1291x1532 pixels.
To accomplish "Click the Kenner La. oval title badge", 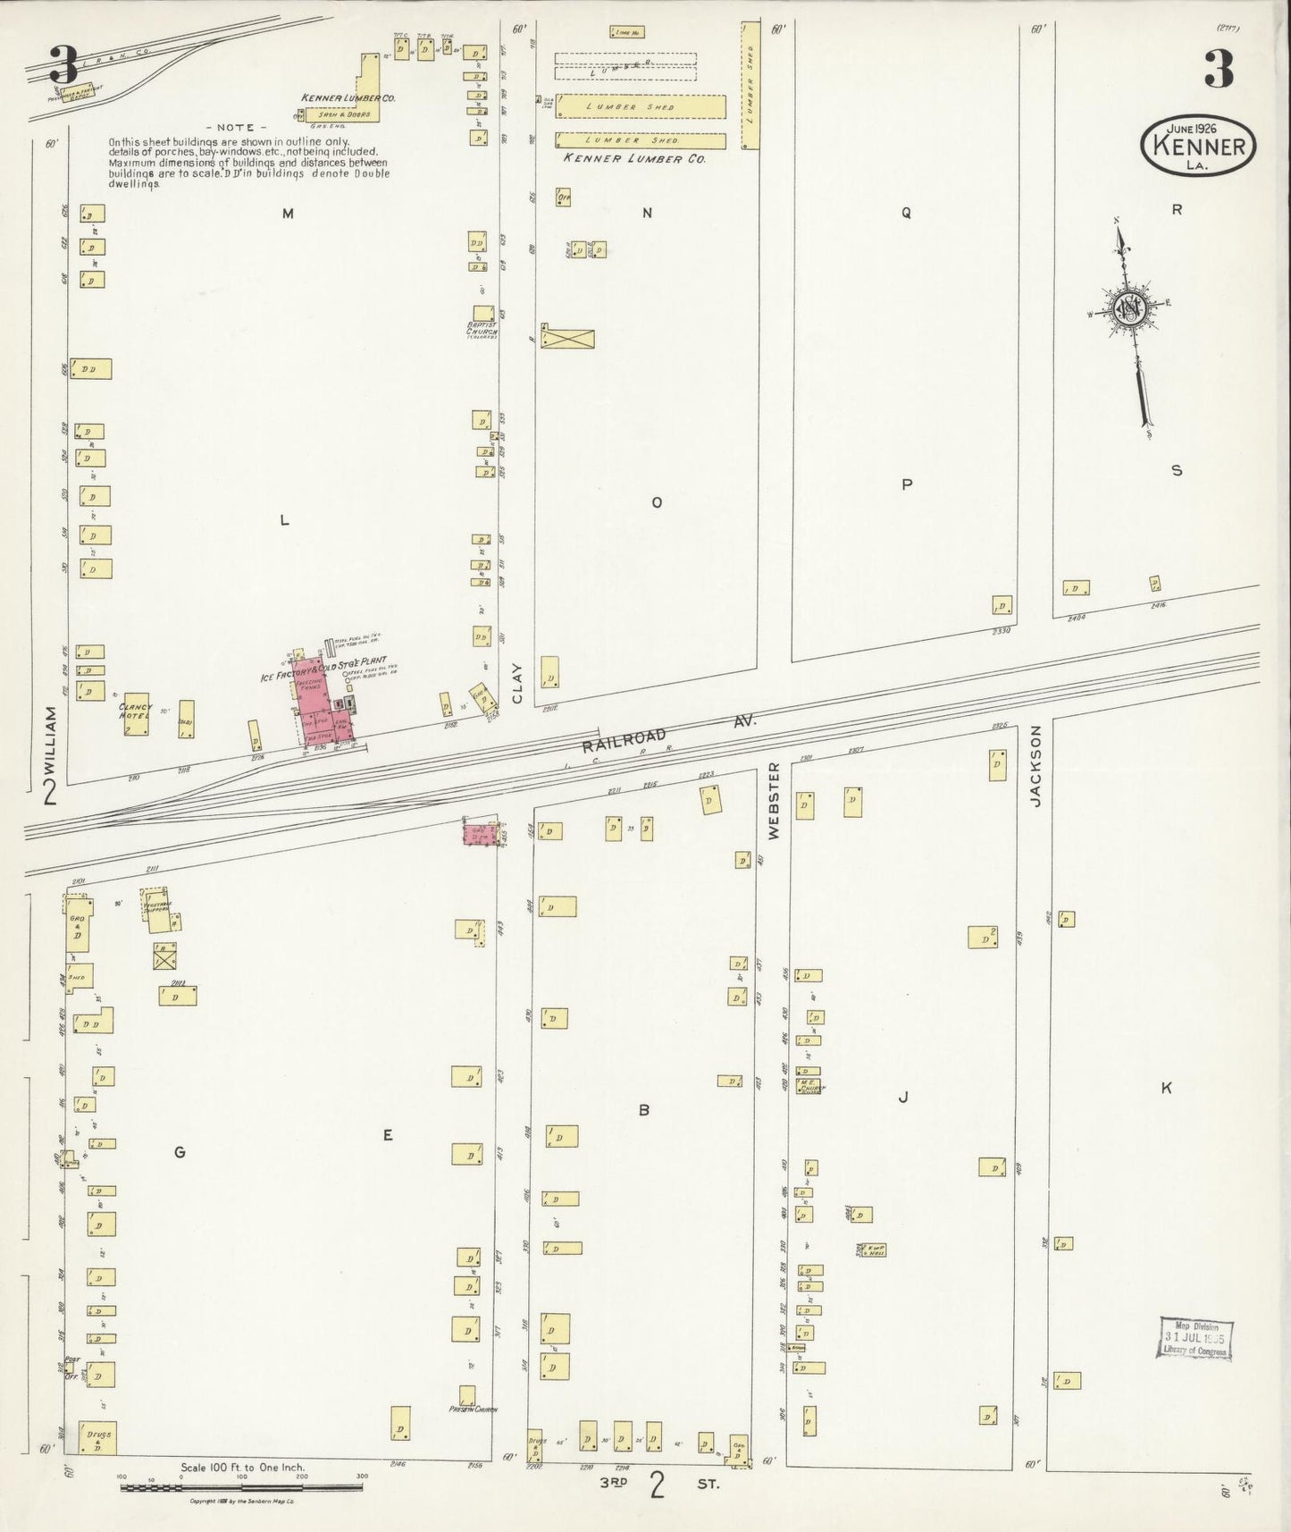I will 1198,143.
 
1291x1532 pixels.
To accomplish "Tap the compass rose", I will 1128,309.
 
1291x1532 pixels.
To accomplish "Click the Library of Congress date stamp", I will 1195,1338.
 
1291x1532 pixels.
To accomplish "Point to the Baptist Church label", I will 482,329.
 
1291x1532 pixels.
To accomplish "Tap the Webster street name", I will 774,800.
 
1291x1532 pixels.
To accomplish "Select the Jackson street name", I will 1036,766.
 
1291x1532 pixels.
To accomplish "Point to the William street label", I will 50,743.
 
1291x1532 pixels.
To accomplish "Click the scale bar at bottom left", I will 241,1487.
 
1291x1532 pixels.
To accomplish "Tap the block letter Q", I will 906,213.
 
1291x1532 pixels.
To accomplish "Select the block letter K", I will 1166,1088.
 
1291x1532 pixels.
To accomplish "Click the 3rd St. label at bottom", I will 658,1485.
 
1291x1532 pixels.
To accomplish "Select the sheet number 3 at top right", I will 1219,69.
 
